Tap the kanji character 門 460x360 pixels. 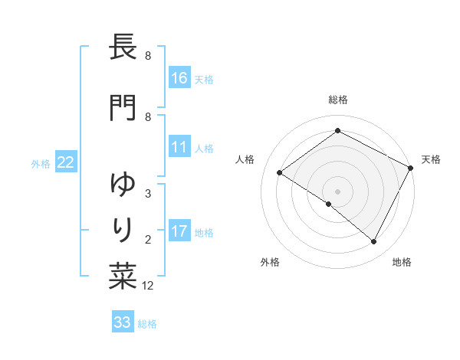point(123,107)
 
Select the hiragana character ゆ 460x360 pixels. point(123,185)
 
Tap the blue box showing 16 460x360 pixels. point(179,77)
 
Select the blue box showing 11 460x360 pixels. point(179,147)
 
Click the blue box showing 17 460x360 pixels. point(179,231)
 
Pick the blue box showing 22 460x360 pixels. point(66,162)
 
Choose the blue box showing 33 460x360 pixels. point(123,322)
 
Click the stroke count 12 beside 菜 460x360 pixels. point(149,286)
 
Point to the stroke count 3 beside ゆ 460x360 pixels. point(148,194)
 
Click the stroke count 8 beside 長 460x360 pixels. point(148,56)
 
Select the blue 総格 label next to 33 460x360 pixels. point(148,323)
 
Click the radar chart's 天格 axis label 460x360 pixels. point(431,159)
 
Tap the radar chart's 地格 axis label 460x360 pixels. point(402,262)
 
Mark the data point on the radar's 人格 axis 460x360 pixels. point(280,172)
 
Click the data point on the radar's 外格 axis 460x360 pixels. point(329,204)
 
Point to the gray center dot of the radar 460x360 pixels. point(337,190)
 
